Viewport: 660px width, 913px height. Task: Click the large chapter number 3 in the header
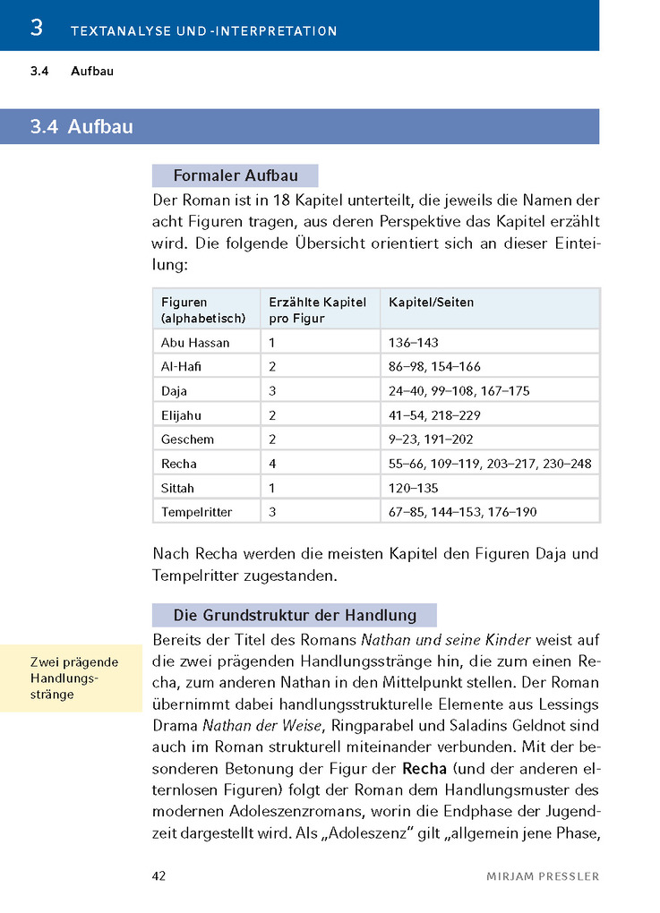pyautogui.click(x=37, y=28)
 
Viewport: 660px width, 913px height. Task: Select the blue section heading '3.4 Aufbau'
pyautogui.click(x=81, y=127)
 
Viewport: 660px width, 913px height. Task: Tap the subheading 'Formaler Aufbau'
pyautogui.click(x=235, y=176)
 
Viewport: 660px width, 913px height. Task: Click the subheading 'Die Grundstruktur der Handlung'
pyautogui.click(x=295, y=615)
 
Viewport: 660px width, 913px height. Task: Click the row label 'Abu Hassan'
pyautogui.click(x=195, y=343)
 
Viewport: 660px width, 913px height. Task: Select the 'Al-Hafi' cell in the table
pyautogui.click(x=181, y=367)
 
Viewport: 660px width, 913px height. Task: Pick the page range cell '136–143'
pyautogui.click(x=414, y=343)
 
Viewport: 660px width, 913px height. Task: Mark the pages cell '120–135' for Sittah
pyautogui.click(x=414, y=488)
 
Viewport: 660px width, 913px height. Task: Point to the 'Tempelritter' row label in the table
pyautogui.click(x=196, y=512)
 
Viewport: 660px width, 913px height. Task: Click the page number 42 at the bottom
pyautogui.click(x=159, y=875)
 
